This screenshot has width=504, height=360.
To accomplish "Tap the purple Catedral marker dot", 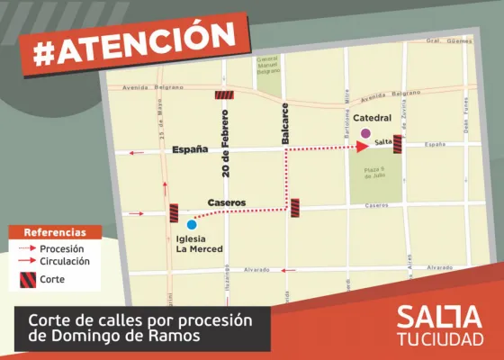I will pyautogui.click(x=365, y=134).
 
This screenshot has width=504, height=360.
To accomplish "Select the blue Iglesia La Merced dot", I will pyautogui.click(x=191, y=224).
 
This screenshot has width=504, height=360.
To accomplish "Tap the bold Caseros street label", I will pyautogui.click(x=227, y=202).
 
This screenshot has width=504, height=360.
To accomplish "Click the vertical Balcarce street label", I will pyautogui.click(x=285, y=122).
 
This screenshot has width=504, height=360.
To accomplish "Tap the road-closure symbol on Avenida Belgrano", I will pyautogui.click(x=224, y=94).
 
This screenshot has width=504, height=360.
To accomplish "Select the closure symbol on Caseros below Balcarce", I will pyautogui.click(x=295, y=207).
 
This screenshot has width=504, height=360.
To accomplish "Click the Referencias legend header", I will pyautogui.click(x=54, y=231).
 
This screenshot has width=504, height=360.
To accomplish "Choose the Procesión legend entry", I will pyautogui.click(x=62, y=247).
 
